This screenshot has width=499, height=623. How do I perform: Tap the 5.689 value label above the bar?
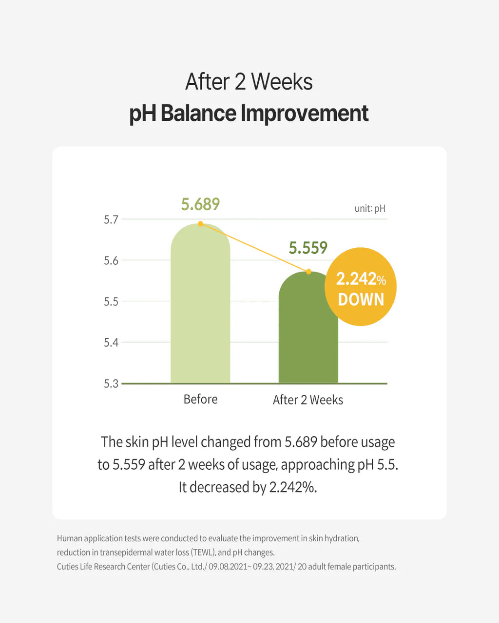point(201,204)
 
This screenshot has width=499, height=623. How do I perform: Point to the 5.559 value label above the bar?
point(308,248)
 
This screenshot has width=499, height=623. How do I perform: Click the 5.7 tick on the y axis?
point(111,220)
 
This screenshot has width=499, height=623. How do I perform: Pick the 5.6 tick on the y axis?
point(111,261)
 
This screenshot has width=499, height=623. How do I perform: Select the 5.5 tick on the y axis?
point(111,302)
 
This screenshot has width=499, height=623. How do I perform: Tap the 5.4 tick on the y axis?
point(111,343)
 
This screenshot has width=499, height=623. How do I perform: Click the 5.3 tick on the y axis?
point(111,384)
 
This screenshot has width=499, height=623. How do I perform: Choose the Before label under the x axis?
point(200,400)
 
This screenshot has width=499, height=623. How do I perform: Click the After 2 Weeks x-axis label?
point(308,400)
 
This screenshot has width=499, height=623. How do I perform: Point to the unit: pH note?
point(370,208)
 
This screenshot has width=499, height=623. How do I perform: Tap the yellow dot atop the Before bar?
point(200,224)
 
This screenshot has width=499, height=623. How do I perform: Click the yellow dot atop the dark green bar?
point(309,272)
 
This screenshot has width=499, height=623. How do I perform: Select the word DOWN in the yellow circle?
point(361,300)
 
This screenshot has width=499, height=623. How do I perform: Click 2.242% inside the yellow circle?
point(361,279)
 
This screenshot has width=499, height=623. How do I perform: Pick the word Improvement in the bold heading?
point(305,113)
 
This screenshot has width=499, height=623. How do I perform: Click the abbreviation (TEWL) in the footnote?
point(203,552)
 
